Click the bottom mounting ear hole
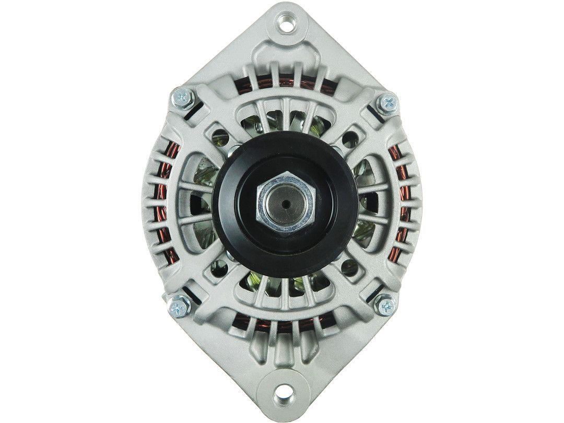tap(285, 389)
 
